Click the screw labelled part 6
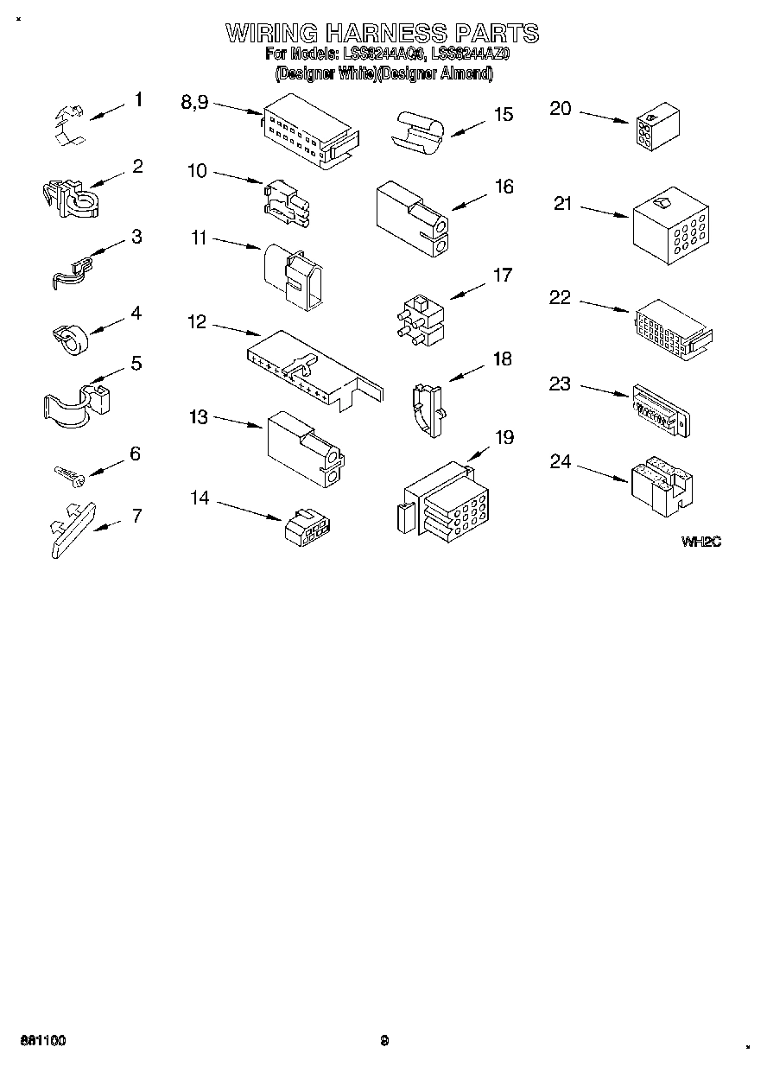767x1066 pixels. [x=67, y=473]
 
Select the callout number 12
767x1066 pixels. [x=197, y=322]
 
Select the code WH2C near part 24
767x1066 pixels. [x=700, y=543]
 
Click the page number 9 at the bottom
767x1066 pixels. [x=385, y=1041]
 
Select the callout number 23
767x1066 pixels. [x=561, y=384]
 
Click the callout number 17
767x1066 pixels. [x=502, y=276]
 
